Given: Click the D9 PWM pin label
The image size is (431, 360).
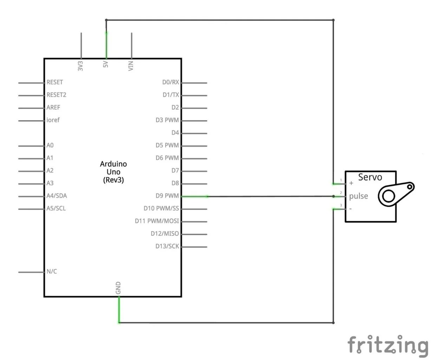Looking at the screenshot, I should coord(167,196).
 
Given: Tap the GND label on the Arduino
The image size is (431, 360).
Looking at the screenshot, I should coord(118,288).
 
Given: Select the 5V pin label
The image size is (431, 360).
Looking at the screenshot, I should coord(106,65).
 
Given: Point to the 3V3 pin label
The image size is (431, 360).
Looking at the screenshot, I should coord(80,66).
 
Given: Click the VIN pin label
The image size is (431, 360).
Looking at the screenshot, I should coord(131,66).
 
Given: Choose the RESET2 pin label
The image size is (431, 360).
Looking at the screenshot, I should coord(56,95).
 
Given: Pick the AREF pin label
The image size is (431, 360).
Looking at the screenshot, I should coord(53,108).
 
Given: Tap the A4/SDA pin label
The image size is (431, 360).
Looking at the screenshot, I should coord(57,196).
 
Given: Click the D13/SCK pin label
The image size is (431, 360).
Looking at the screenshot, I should coord(167,246).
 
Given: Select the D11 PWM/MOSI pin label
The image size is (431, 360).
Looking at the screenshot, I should coord(157,221).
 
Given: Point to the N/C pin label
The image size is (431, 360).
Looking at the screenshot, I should coord(52,271).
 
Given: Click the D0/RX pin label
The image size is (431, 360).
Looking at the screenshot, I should coord(170,82).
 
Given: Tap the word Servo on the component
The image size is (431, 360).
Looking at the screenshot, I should coord(370,177).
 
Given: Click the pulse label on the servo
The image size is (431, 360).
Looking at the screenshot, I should coord(358,196).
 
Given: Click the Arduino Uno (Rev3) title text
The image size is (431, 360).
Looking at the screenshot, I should coord(113,172).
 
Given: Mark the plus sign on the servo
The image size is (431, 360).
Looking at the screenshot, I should coord(351,183).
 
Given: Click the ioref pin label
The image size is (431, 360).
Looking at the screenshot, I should coord(53,120).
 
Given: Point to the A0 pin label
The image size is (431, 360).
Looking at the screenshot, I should coord(50,146).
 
